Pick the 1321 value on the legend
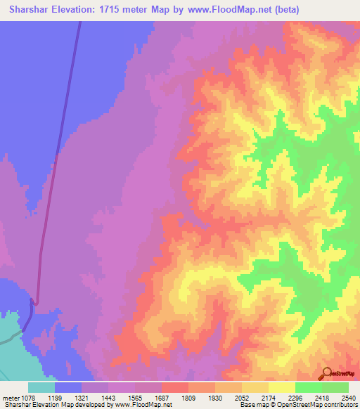(x=96, y=398)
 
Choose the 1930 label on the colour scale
(x=229, y=398)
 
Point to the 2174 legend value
(x=283, y=398)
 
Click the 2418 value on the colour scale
(x=335, y=398)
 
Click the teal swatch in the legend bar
(x=41, y=387)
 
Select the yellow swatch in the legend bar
(x=281, y=387)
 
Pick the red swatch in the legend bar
(x=174, y=387)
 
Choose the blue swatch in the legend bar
(x=68, y=387)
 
